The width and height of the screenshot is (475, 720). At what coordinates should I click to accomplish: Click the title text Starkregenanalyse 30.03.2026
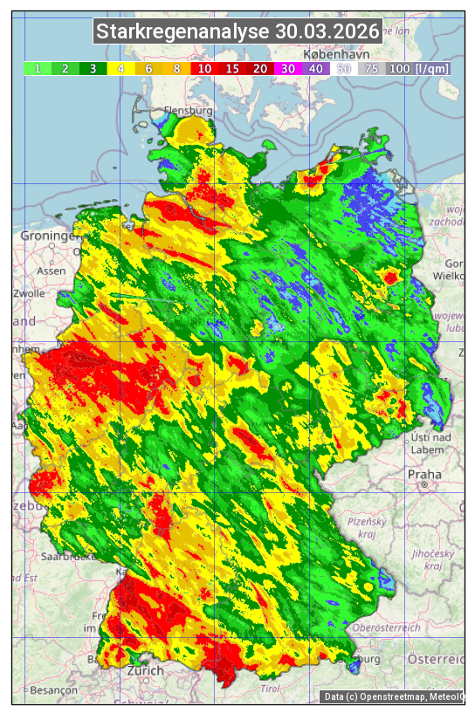coord(238,32)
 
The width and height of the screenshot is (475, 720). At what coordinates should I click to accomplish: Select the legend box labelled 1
coord(37,68)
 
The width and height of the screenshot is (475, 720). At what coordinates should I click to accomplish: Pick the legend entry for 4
coord(120,68)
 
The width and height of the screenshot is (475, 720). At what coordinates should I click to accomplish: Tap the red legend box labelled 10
coord(203,68)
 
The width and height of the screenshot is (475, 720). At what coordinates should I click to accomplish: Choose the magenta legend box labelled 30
coord(287,68)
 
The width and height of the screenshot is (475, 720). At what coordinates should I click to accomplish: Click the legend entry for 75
coord(371,68)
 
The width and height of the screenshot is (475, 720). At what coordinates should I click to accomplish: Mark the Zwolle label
coord(29,294)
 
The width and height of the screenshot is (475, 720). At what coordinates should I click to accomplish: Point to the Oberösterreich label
coord(386,627)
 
